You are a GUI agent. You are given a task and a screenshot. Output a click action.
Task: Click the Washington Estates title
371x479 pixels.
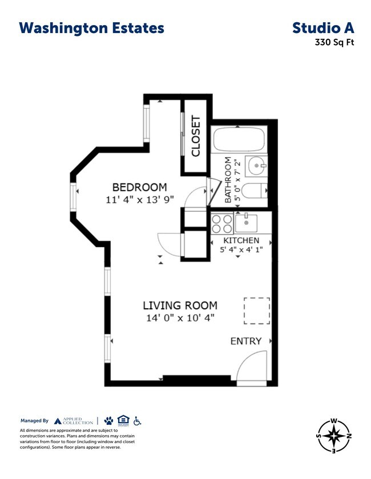(91, 28)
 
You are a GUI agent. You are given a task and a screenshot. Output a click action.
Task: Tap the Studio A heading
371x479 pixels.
(323, 28)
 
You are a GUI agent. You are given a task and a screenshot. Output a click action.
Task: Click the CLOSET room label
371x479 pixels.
(196, 137)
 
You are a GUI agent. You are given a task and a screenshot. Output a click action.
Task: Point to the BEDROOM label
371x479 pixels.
(139, 187)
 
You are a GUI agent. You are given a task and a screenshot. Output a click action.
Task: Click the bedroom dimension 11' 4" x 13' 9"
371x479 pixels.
(139, 199)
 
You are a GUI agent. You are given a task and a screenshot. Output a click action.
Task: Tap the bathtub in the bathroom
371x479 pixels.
(238, 140)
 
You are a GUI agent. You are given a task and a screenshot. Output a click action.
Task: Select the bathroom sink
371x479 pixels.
(256, 166)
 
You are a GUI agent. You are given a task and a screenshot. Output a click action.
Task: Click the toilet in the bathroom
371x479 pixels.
(255, 191)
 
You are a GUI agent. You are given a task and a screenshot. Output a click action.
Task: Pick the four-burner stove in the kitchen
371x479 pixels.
(222, 223)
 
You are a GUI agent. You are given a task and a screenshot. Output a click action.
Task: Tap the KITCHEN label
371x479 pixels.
(241, 240)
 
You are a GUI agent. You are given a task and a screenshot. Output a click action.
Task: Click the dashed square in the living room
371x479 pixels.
(257, 310)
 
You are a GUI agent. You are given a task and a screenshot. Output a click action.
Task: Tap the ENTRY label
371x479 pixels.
(245, 341)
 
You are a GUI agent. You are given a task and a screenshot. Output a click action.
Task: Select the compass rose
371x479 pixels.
(333, 437)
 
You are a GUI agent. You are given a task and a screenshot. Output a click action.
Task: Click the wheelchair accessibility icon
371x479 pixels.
(137, 421)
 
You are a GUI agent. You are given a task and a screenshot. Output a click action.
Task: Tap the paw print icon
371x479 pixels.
(108, 421)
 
